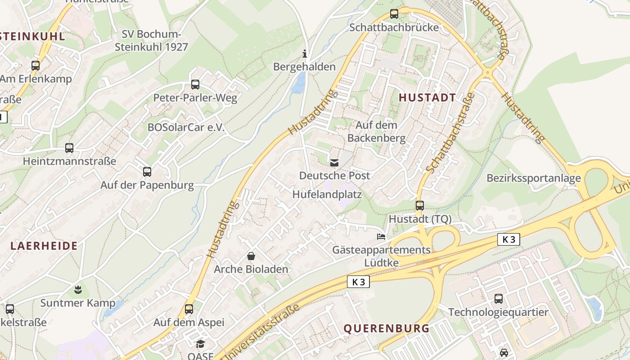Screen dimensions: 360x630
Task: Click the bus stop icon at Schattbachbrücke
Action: (394, 14)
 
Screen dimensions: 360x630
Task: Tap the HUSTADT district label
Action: (427, 98)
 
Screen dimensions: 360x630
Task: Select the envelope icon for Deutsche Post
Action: (334, 163)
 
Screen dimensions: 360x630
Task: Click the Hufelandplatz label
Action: (327, 194)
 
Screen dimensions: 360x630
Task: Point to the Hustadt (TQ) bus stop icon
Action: (420, 206)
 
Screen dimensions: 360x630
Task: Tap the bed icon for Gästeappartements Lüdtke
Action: (381, 236)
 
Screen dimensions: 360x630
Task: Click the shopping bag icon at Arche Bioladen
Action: (251, 256)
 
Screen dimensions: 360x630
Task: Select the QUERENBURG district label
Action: (387, 328)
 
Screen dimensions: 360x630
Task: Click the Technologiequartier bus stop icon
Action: (499, 299)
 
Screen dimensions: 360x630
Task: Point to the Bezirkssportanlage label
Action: (534, 178)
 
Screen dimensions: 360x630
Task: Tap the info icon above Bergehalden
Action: (305, 54)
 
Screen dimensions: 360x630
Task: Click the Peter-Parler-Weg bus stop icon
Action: (195, 85)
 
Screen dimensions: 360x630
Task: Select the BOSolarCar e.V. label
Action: (186, 127)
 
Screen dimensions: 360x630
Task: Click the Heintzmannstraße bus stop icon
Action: (69, 148)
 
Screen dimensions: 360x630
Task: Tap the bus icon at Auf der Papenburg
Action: (147, 171)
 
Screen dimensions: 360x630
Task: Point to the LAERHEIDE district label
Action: (44, 246)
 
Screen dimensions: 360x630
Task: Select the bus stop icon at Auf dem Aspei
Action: (189, 309)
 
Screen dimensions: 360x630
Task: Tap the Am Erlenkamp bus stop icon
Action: (36, 66)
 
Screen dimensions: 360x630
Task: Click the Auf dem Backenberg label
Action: (376, 131)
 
